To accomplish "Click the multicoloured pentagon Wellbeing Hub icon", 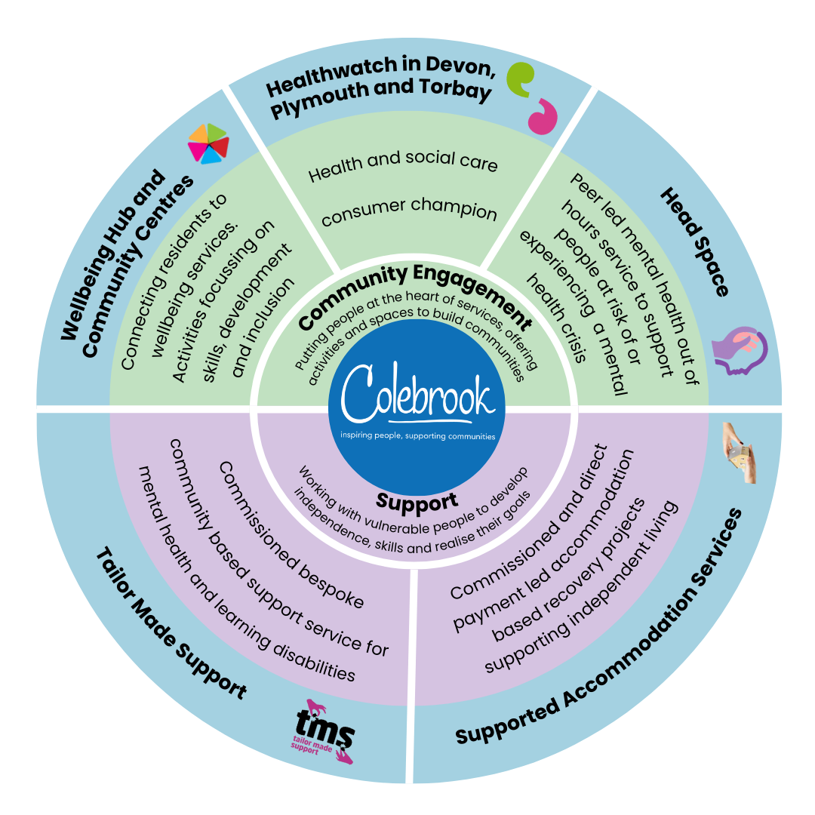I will (207, 143).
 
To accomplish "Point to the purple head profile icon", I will (740, 348).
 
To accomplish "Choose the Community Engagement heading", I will (415, 294).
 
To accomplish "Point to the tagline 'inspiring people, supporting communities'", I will (417, 436).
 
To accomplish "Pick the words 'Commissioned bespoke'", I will (291, 535).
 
